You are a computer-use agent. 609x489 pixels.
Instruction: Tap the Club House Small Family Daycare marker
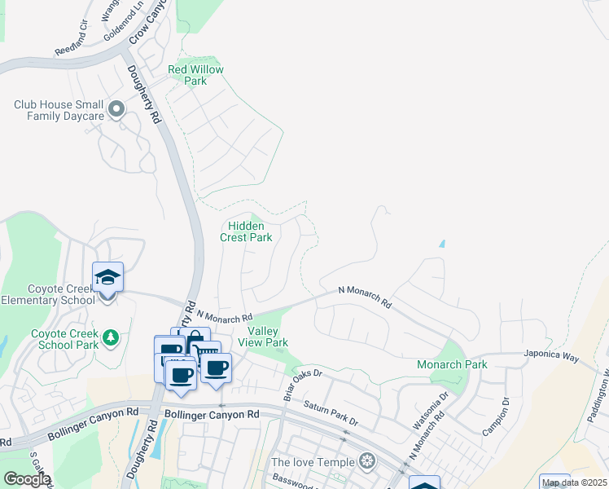[116, 108]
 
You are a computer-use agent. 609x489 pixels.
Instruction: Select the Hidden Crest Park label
[246, 231]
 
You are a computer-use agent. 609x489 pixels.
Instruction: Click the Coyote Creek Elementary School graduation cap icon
[107, 278]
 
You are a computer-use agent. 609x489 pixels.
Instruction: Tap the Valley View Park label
[268, 337]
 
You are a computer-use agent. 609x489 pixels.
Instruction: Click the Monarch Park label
[452, 364]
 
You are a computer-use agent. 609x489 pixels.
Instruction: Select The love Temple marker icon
[368, 462]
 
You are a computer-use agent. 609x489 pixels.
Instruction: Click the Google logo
[27, 479]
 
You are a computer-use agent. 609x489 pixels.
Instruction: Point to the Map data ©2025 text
[573, 482]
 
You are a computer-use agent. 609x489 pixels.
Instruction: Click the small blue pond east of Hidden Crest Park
[442, 243]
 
